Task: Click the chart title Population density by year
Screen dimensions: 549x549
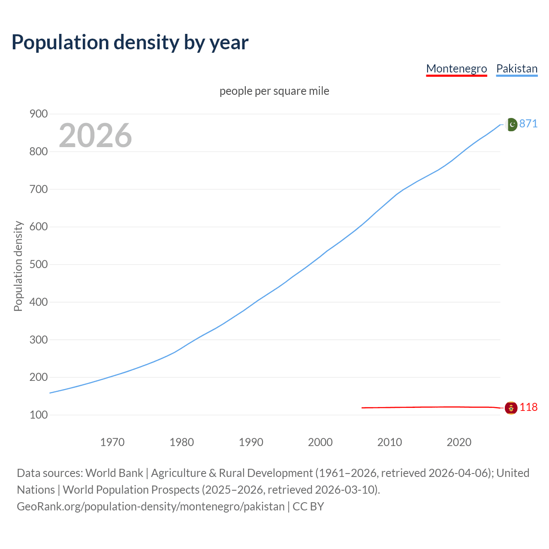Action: [x=130, y=42]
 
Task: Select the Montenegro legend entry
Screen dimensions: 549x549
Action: [x=456, y=69]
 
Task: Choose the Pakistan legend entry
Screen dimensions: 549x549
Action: [x=516, y=69]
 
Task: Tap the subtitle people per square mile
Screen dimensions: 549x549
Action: [x=274, y=91]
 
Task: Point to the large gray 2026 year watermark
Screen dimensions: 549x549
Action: [x=95, y=136]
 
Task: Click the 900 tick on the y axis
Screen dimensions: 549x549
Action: [x=38, y=114]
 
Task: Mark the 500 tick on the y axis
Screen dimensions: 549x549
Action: [x=38, y=265]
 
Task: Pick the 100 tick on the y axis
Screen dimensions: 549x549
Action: [x=38, y=415]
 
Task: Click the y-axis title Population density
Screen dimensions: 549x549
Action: [x=18, y=266]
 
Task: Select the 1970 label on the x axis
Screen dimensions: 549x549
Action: [x=112, y=442]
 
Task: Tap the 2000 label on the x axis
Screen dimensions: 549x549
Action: [x=320, y=442]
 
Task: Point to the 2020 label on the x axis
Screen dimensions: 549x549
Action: [x=459, y=442]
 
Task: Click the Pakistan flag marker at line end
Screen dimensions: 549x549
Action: [x=511, y=124]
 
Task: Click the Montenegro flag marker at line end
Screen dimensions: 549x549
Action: [x=511, y=408]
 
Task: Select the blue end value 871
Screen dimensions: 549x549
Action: [x=528, y=124]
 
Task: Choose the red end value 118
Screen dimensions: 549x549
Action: [x=528, y=407]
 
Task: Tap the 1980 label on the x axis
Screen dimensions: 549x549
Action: [x=182, y=442]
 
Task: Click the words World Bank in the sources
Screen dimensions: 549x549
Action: [x=114, y=473]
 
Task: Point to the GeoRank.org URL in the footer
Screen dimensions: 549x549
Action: [x=151, y=507]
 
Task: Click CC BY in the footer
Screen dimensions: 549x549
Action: [x=308, y=507]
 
